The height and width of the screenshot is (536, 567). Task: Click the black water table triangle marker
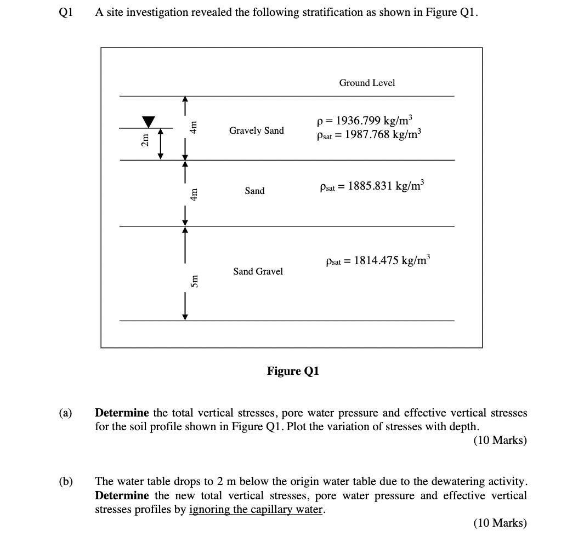pos(148,122)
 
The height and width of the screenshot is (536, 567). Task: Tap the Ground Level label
pos(367,83)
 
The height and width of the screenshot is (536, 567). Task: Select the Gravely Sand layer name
pos(257,130)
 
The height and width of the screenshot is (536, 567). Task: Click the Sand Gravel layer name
pos(258,271)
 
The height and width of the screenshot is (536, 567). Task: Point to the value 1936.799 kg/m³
pos(373,121)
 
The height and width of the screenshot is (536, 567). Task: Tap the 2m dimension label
pos(145,140)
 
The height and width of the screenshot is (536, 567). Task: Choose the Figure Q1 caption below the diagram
pos(293,371)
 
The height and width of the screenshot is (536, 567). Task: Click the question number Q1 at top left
pos(65,12)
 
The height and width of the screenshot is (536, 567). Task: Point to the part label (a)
pos(65,413)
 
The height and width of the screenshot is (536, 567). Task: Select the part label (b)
pos(66,482)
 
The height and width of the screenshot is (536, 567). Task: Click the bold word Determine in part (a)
pos(122,413)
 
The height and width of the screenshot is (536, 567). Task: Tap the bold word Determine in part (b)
pos(122,495)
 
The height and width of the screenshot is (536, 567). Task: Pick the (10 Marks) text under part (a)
pos(500,440)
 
